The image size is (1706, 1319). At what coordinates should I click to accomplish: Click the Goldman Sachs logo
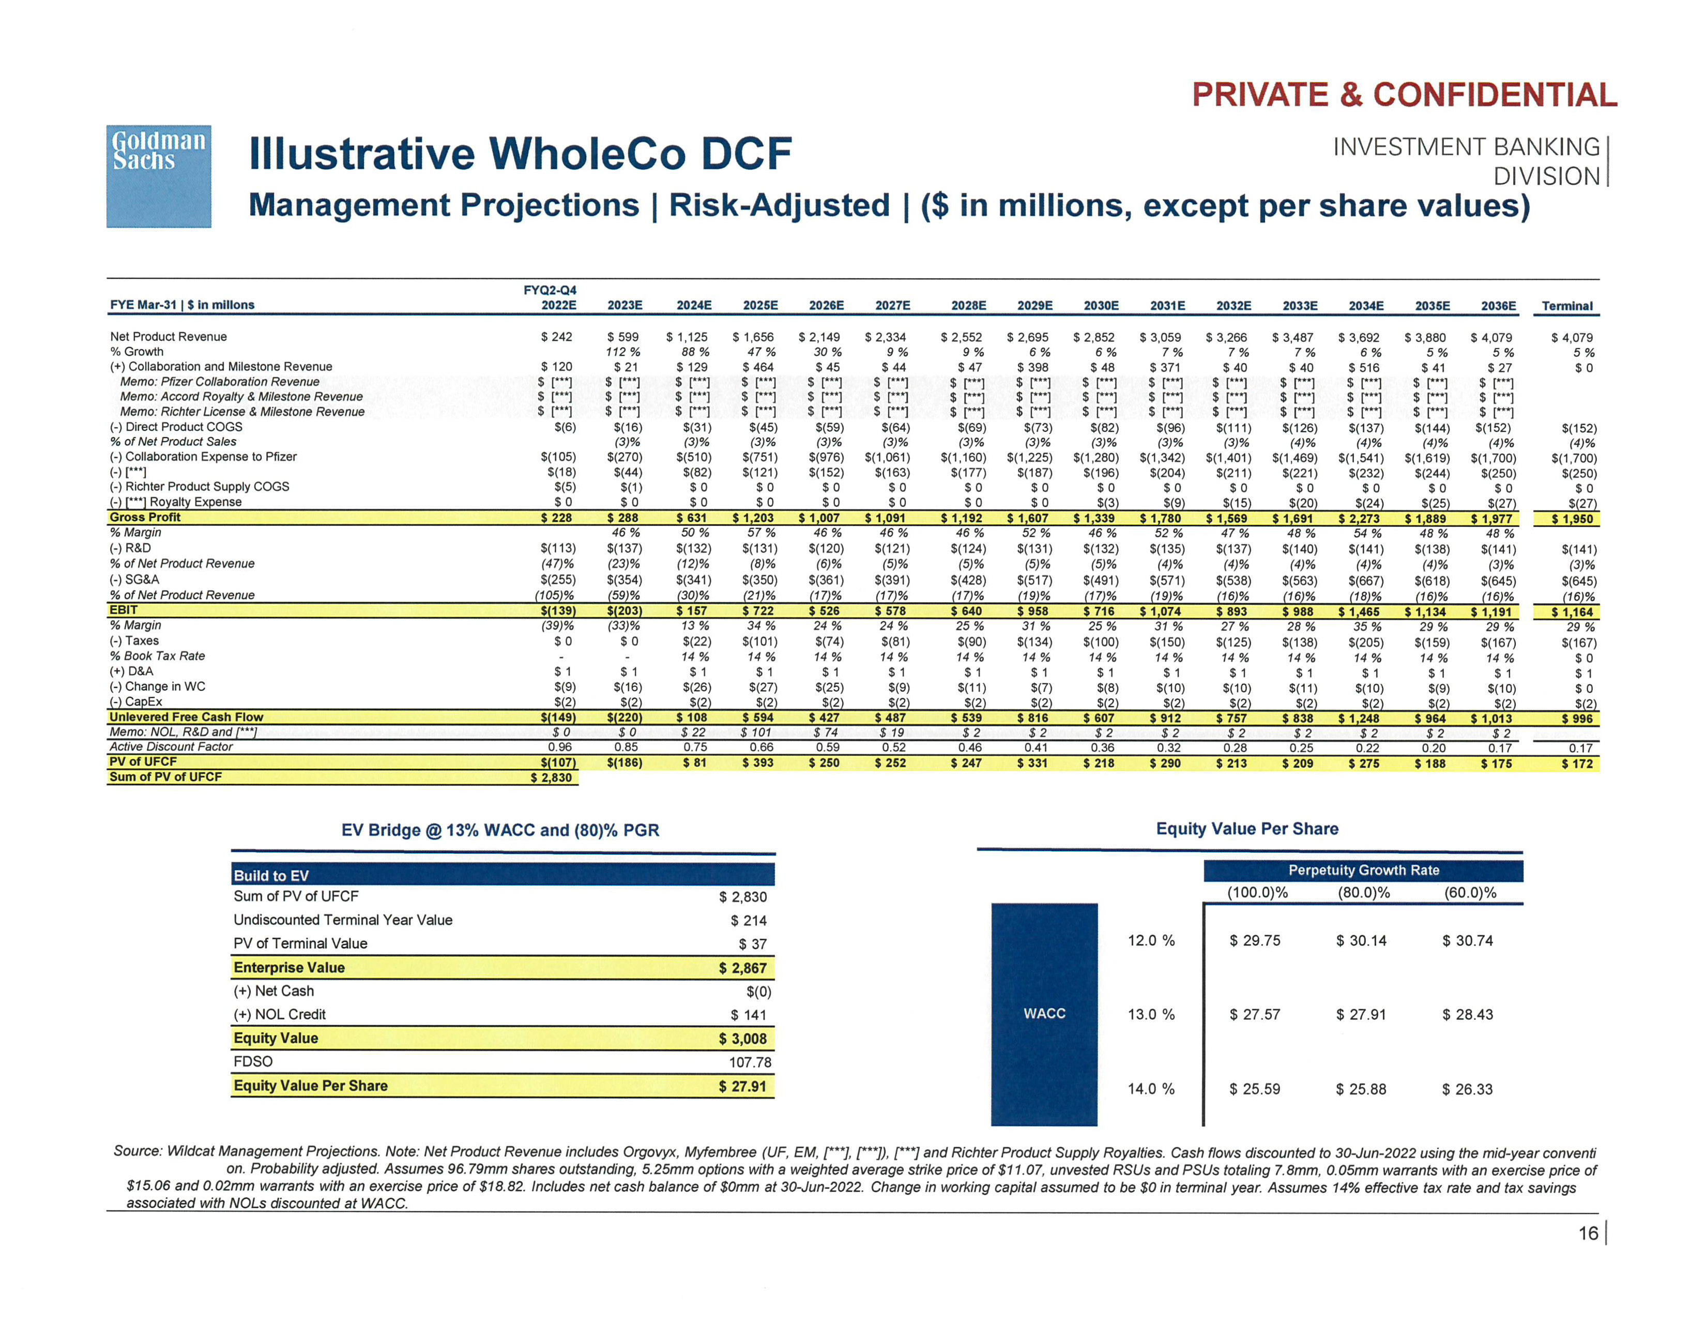159,176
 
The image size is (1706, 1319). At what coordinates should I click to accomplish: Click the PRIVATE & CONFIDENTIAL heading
1404,95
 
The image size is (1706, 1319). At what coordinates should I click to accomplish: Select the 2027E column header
893,306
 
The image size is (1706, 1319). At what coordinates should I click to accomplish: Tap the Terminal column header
1567,306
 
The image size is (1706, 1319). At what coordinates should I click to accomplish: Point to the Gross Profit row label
145,517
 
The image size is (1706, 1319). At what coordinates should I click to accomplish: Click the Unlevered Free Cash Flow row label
186,716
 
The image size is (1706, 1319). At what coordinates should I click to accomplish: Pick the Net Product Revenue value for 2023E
623,337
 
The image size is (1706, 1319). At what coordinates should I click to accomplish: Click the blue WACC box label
1044,1013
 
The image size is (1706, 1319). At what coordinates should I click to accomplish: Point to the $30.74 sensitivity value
1467,941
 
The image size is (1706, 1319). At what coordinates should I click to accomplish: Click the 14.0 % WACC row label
1151,1088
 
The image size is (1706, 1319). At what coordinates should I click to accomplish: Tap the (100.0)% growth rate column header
1257,892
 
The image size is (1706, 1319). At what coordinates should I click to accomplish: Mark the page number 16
1588,1233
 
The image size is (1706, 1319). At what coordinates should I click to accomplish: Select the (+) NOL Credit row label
280,1014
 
